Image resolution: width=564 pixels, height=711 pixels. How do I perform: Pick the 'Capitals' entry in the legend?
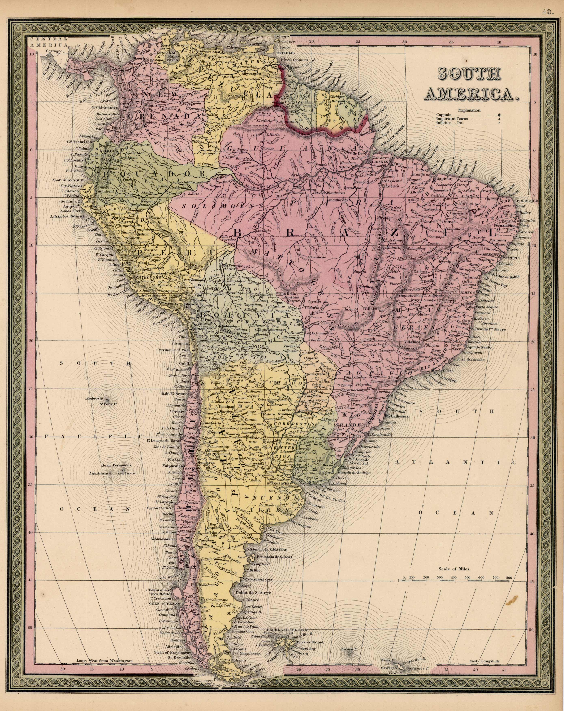pos(444,115)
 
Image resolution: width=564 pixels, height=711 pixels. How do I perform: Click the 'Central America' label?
pos(48,42)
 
